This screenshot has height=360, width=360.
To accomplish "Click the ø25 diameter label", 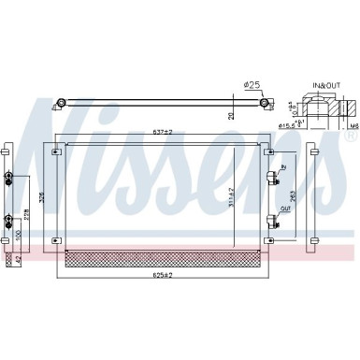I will tap(252, 86).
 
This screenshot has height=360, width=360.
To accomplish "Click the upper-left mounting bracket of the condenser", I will tap(52, 147).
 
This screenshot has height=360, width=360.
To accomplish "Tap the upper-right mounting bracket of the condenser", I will tap(270, 147).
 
